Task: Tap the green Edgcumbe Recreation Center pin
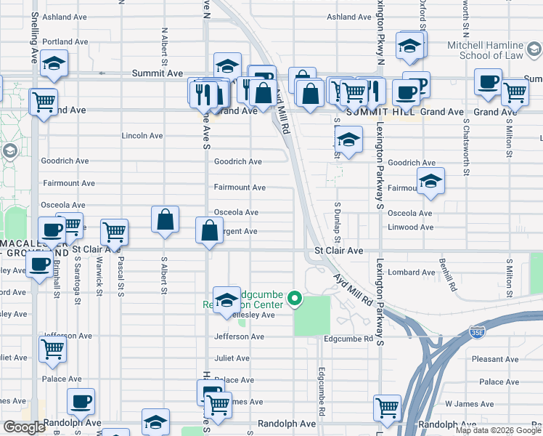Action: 295,298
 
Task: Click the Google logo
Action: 24,427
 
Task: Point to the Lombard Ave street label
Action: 410,272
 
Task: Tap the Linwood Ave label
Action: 411,227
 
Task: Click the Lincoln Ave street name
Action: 142,136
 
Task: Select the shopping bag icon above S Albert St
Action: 166,219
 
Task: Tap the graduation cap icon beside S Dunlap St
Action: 349,141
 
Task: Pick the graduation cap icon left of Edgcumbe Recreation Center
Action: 226,299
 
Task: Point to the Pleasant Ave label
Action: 494,359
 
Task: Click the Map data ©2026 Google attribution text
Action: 499,430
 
